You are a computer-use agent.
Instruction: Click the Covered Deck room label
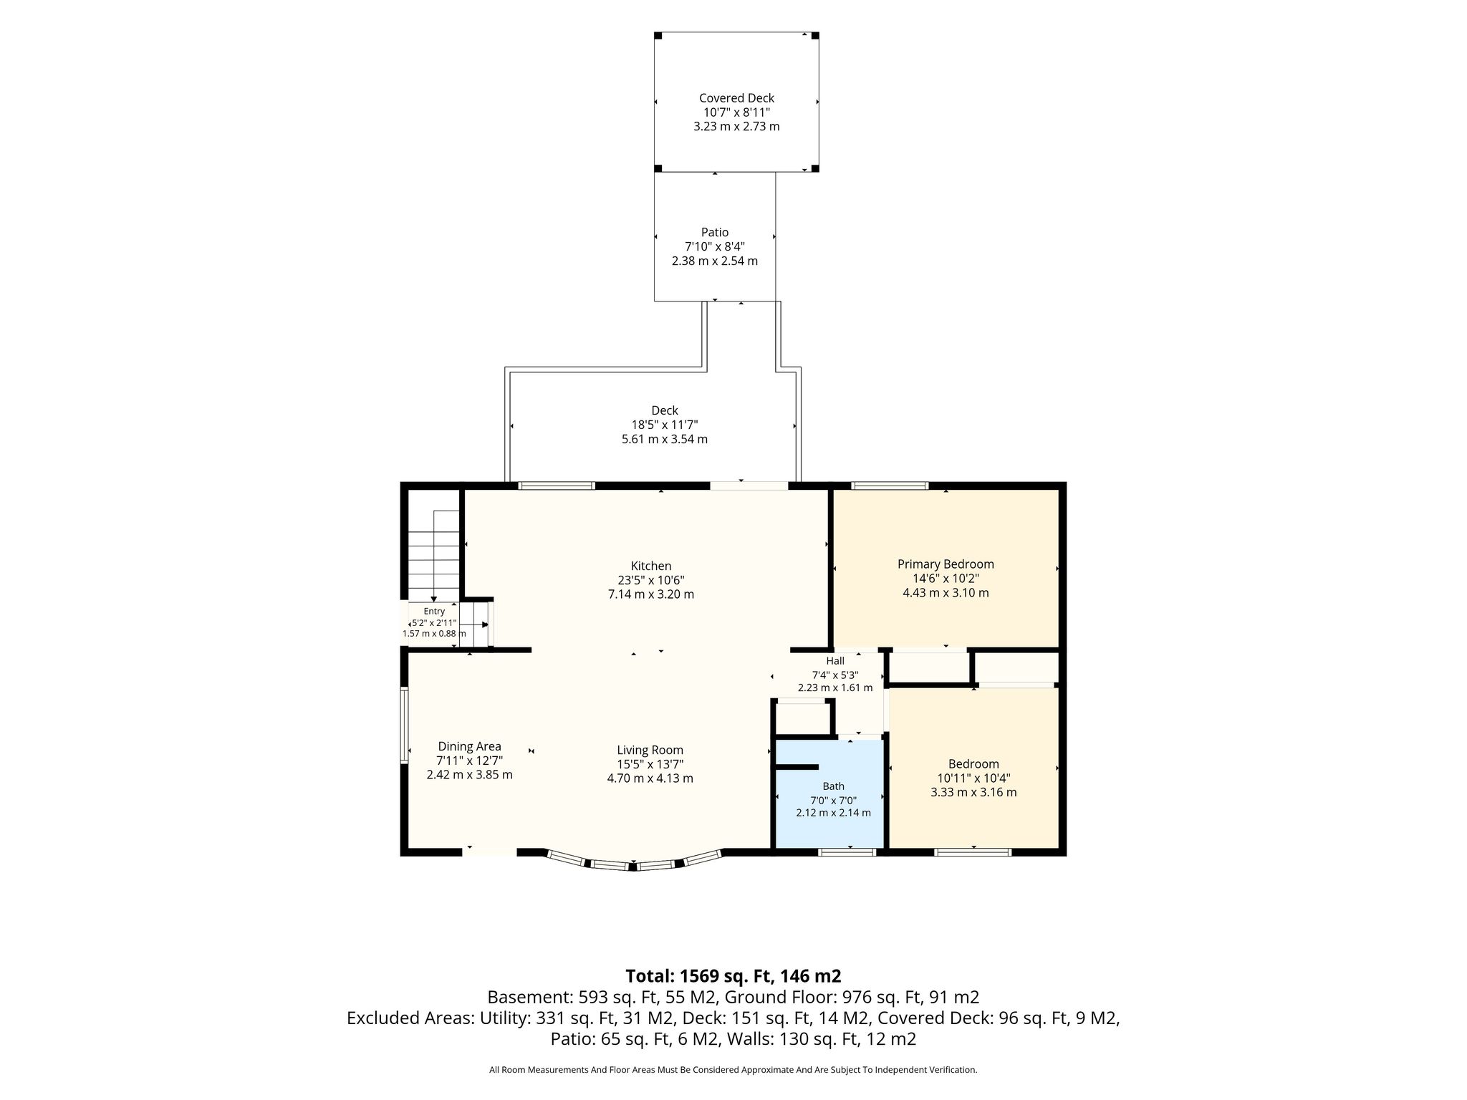[x=736, y=98]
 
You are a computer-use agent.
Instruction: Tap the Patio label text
[x=715, y=232]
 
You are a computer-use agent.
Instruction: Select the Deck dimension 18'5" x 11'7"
[x=665, y=425]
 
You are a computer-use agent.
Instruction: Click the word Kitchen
[x=651, y=566]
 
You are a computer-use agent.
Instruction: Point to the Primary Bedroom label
[x=946, y=564]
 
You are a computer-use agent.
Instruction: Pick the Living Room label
[x=650, y=751]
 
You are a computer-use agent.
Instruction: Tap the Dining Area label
[x=469, y=746]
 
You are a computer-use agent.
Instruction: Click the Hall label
[x=835, y=661]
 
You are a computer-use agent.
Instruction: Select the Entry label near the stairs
[x=434, y=611]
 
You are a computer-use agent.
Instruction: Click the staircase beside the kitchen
[x=433, y=556]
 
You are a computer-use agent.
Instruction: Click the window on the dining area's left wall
[x=404, y=725]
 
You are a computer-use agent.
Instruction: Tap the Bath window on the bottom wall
[x=847, y=852]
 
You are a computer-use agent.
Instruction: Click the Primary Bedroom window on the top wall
[x=890, y=486]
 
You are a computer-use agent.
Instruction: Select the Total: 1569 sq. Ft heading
[x=733, y=976]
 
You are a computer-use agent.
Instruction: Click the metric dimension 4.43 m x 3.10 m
[x=946, y=593]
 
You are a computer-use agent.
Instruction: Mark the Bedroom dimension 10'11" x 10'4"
[x=973, y=778]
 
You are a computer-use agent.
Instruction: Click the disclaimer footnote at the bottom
[x=733, y=1070]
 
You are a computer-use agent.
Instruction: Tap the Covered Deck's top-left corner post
[x=658, y=36]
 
